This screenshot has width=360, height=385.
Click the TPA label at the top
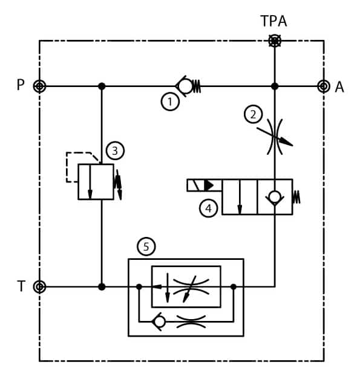pyautogui.click(x=273, y=21)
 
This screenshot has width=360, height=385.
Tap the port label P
pyautogui.click(x=21, y=85)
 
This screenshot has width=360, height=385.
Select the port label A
pyautogui.click(x=339, y=87)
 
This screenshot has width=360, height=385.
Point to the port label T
pyautogui.click(x=21, y=286)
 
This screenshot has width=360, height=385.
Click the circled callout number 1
pyautogui.click(x=170, y=102)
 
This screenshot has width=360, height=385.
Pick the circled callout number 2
pyautogui.click(x=253, y=114)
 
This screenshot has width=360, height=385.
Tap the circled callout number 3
pyautogui.click(x=115, y=150)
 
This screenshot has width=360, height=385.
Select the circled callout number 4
pyautogui.click(x=208, y=209)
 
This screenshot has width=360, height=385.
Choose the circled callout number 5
pyautogui.click(x=146, y=246)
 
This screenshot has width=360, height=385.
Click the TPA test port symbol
pyautogui.click(x=275, y=40)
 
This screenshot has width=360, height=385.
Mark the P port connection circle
pyautogui.click(x=39, y=86)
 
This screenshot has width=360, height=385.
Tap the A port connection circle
pyautogui.click(x=323, y=86)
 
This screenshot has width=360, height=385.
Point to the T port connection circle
pyautogui.click(x=39, y=286)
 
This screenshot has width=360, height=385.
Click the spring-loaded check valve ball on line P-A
pyautogui.click(x=185, y=86)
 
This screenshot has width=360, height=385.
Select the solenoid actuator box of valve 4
pyautogui.click(x=205, y=185)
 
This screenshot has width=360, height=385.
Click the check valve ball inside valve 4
pyautogui.click(x=275, y=196)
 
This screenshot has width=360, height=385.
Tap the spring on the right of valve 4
pyautogui.click(x=296, y=197)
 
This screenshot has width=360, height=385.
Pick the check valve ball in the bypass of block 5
pyautogui.click(x=159, y=322)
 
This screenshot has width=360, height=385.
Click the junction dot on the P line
pyautogui.click(x=102, y=86)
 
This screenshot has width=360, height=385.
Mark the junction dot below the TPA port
pyautogui.click(x=275, y=86)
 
